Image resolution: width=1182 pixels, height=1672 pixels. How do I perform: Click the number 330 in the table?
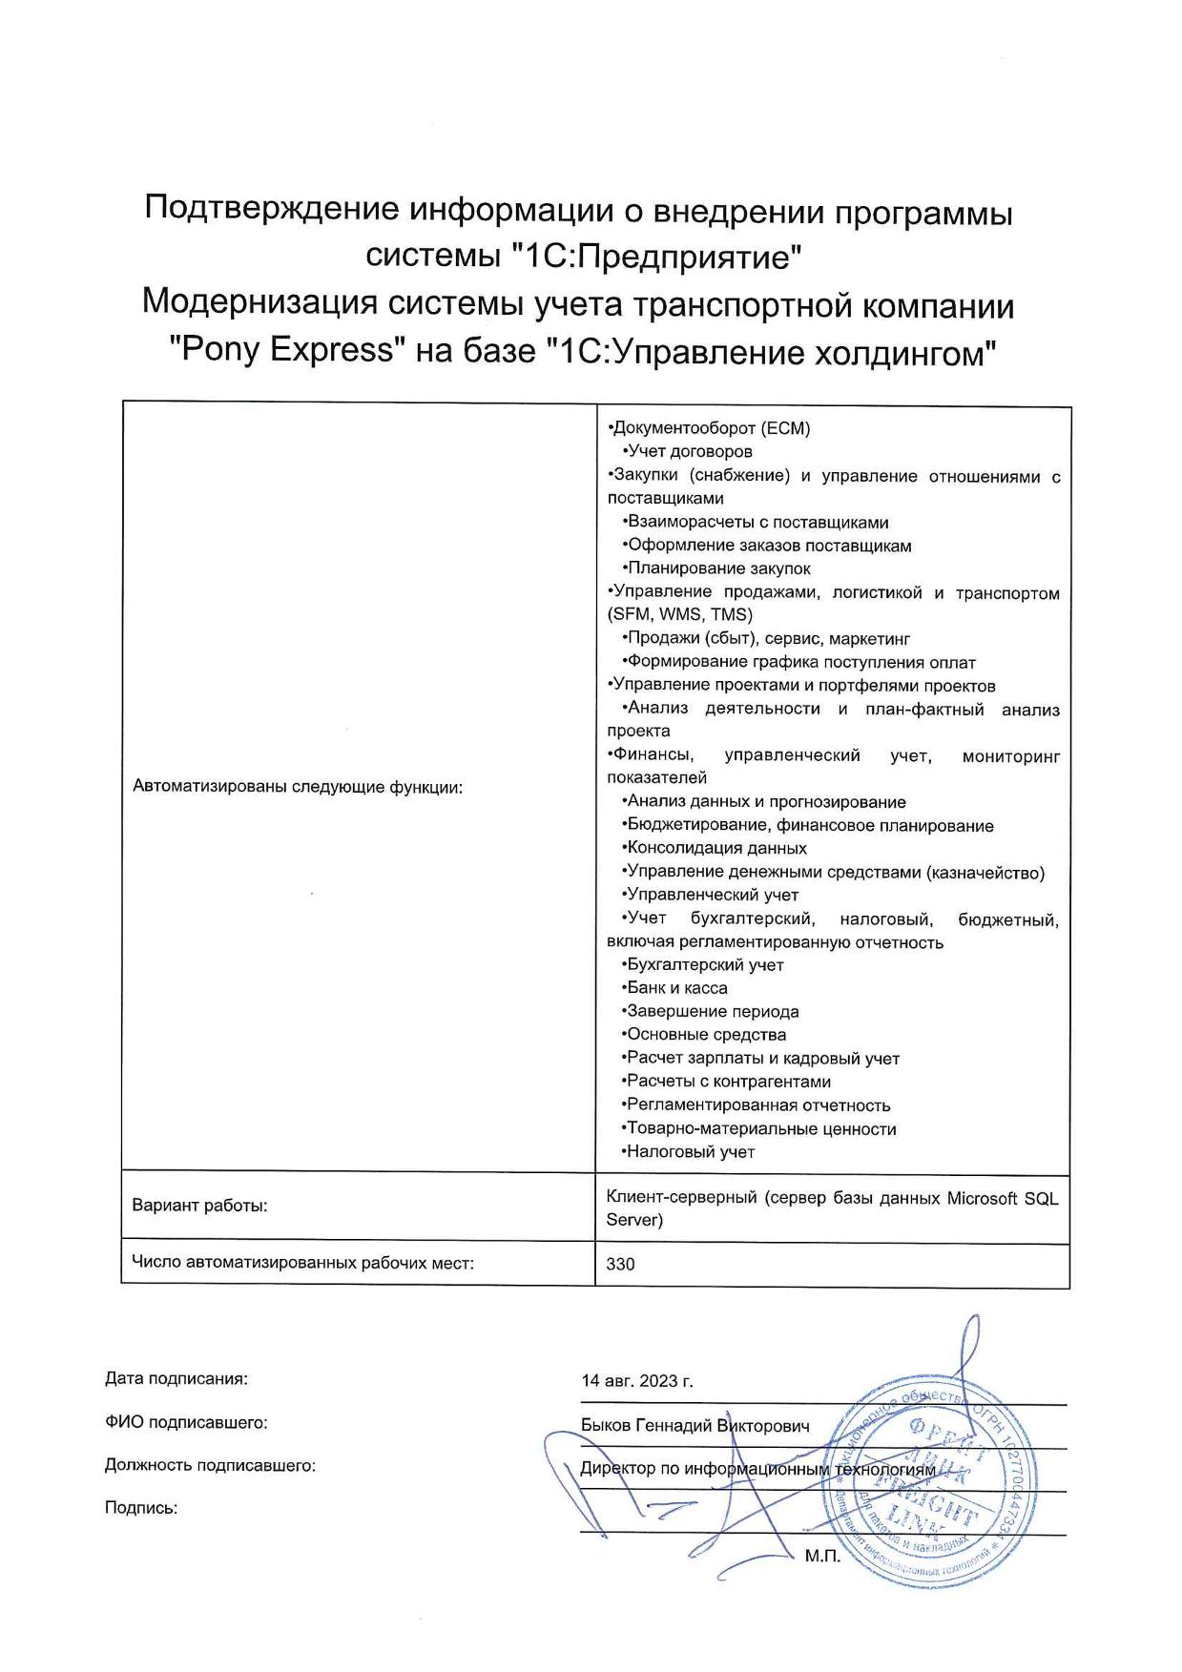[x=620, y=1264]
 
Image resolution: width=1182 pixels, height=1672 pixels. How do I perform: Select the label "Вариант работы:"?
[x=199, y=1205]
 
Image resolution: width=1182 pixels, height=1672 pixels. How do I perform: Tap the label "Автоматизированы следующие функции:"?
[x=297, y=787]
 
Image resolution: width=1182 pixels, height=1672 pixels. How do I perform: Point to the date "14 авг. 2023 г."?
[x=637, y=1380]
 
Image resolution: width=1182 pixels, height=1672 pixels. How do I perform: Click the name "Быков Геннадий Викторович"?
[x=695, y=1425]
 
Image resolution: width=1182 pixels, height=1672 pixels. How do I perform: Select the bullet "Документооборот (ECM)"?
[x=711, y=428]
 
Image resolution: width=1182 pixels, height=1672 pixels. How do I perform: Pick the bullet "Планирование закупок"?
[x=718, y=568]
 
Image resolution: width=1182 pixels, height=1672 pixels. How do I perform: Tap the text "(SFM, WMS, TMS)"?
[x=679, y=614]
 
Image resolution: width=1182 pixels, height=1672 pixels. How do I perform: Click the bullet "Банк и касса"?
[x=676, y=988]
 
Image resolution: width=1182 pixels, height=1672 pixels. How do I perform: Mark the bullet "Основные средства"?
[x=706, y=1034]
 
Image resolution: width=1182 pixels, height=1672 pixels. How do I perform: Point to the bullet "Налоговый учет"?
[x=690, y=1151]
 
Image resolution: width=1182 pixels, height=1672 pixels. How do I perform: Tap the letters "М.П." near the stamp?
[x=822, y=1557]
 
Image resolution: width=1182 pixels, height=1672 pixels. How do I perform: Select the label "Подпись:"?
[x=141, y=1508]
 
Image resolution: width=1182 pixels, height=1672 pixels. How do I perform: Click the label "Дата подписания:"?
[x=176, y=1378]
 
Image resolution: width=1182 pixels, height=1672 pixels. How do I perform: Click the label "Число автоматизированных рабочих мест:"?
[x=302, y=1263]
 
